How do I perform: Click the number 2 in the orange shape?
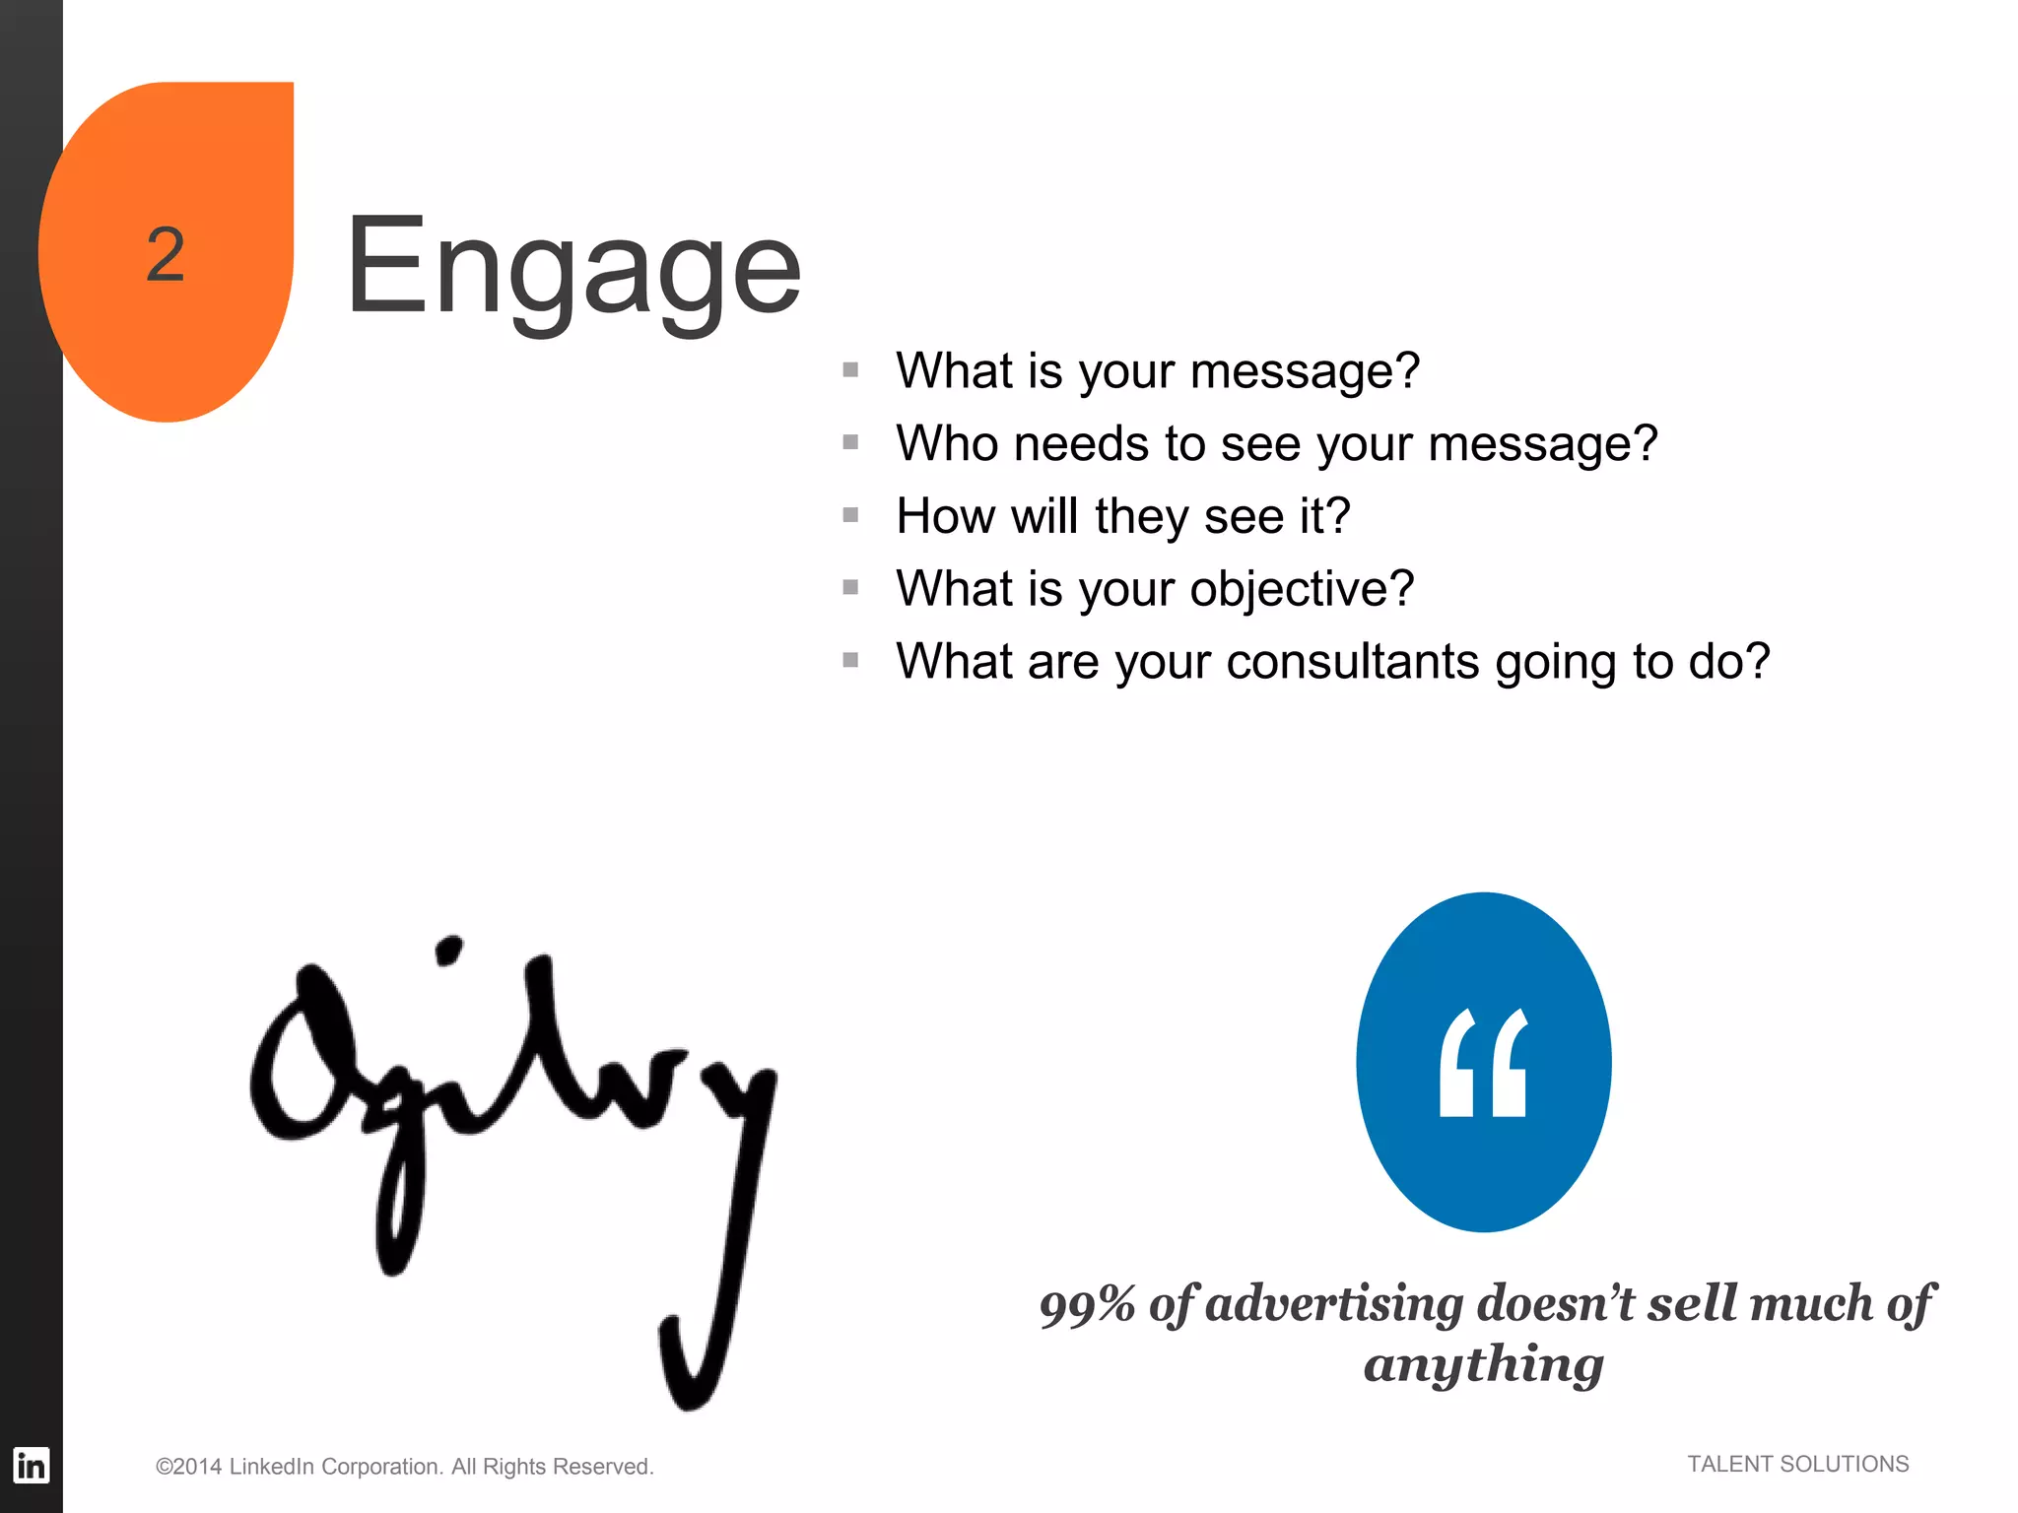[166, 254]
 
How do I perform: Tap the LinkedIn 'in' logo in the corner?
[31, 1465]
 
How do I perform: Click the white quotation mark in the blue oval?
[1483, 1063]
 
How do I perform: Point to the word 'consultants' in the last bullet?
[1352, 661]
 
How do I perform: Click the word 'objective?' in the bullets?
[1302, 589]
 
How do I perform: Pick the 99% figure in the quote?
[1087, 1305]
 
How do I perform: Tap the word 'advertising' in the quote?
[1335, 1303]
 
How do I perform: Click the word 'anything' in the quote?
[1484, 1365]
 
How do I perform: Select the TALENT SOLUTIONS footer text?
[1797, 1464]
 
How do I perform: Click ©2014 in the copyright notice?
[188, 1467]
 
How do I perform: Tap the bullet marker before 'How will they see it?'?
[851, 514]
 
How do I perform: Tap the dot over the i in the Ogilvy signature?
[448, 951]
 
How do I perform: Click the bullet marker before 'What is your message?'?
[851, 369]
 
